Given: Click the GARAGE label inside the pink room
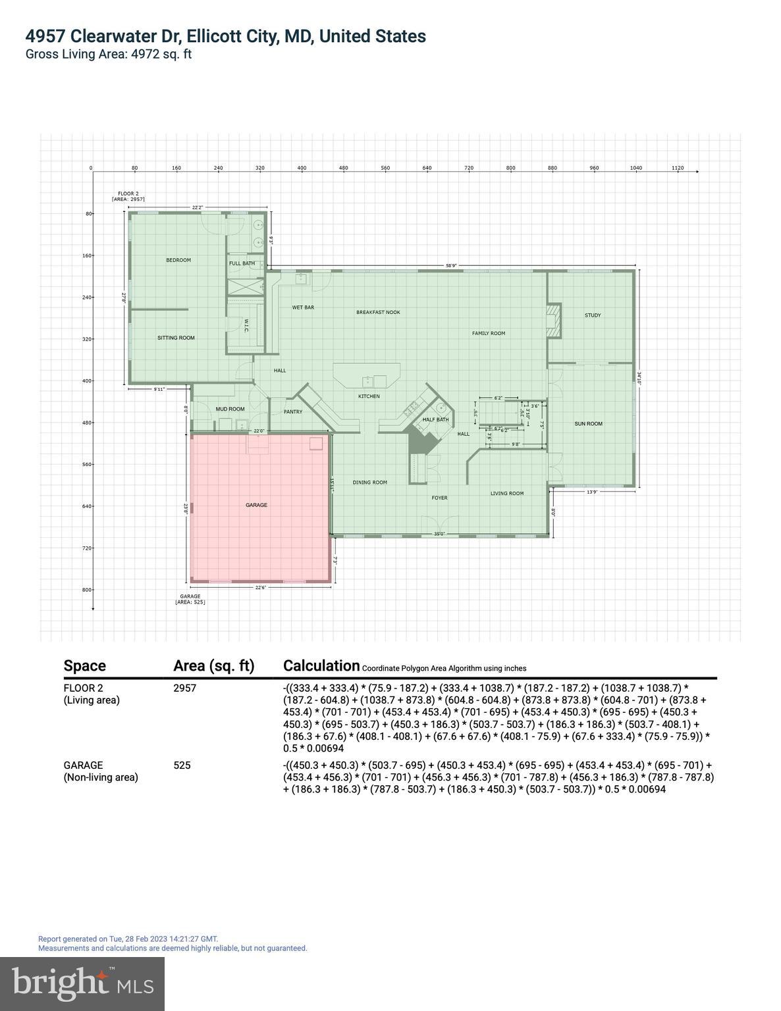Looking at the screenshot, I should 256,505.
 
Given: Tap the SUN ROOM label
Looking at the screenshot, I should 588,424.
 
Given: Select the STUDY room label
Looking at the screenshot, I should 593,315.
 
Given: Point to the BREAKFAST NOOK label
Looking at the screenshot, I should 378,312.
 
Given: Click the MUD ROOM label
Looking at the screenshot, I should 230,409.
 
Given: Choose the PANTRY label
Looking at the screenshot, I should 293,412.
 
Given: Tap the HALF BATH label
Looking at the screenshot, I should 435,419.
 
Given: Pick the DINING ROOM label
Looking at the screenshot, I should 369,482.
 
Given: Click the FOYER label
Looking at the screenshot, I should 439,498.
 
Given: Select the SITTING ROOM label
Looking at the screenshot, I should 176,338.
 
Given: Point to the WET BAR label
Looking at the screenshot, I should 303,307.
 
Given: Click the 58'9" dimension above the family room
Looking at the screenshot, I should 451,266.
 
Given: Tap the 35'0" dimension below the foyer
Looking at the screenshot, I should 439,534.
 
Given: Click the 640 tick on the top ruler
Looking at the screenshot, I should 427,168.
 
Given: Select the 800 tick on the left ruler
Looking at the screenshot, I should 87,590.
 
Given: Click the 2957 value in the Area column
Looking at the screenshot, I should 184,688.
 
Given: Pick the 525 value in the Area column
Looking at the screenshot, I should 182,765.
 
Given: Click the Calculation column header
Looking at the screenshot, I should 321,665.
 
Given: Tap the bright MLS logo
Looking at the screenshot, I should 82,983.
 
